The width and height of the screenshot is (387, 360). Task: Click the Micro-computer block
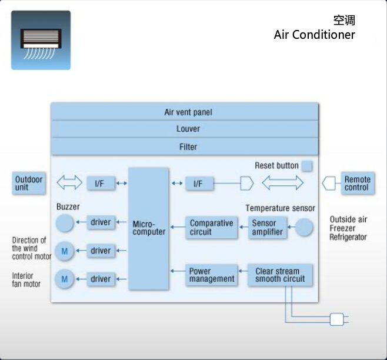[x=149, y=228]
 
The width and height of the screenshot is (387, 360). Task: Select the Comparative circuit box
[x=211, y=228]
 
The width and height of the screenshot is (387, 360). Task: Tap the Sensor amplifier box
[x=268, y=228]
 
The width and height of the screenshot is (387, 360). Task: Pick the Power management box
[x=212, y=275]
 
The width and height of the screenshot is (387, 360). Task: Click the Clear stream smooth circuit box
[x=280, y=275]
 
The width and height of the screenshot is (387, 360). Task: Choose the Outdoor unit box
[x=29, y=183]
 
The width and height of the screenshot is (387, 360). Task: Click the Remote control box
[x=357, y=183]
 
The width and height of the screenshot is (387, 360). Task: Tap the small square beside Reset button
[x=306, y=166]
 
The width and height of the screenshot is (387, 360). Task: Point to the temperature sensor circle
[x=304, y=228]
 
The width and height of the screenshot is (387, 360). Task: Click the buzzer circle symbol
[x=65, y=223]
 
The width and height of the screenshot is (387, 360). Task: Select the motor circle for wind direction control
[x=65, y=251]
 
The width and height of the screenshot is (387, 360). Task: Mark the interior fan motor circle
[x=65, y=278]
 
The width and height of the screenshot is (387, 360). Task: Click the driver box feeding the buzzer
[x=101, y=222]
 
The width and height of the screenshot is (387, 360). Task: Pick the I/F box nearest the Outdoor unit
[x=101, y=184]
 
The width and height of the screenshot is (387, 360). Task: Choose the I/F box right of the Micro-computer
[x=198, y=184]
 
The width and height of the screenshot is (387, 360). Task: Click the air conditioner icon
[x=41, y=40]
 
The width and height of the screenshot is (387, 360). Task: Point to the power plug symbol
[x=337, y=319]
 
